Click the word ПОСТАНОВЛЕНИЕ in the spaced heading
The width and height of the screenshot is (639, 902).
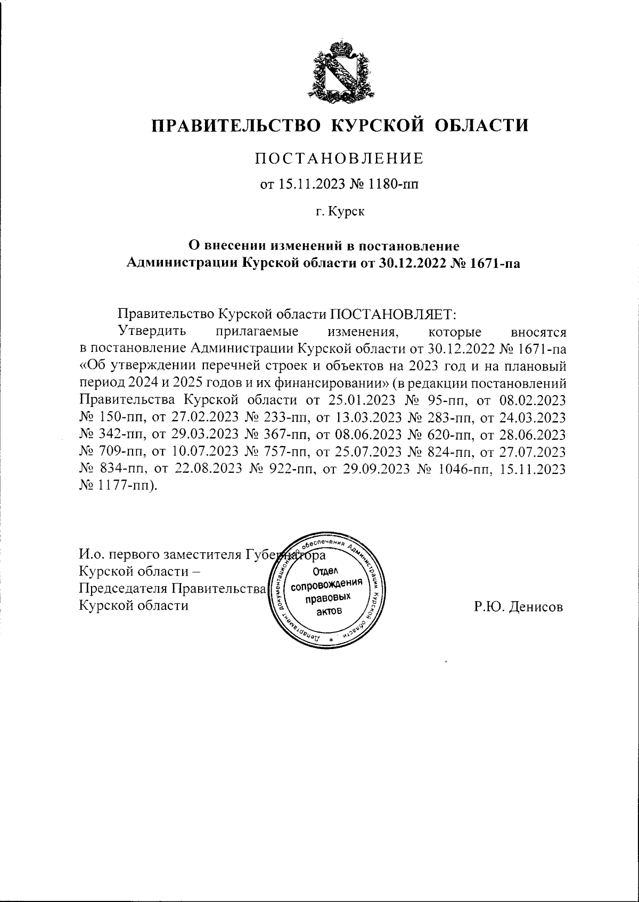pos(339,158)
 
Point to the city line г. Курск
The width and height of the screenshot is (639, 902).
pos(339,212)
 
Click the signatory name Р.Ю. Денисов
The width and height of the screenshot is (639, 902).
pos(518,606)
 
